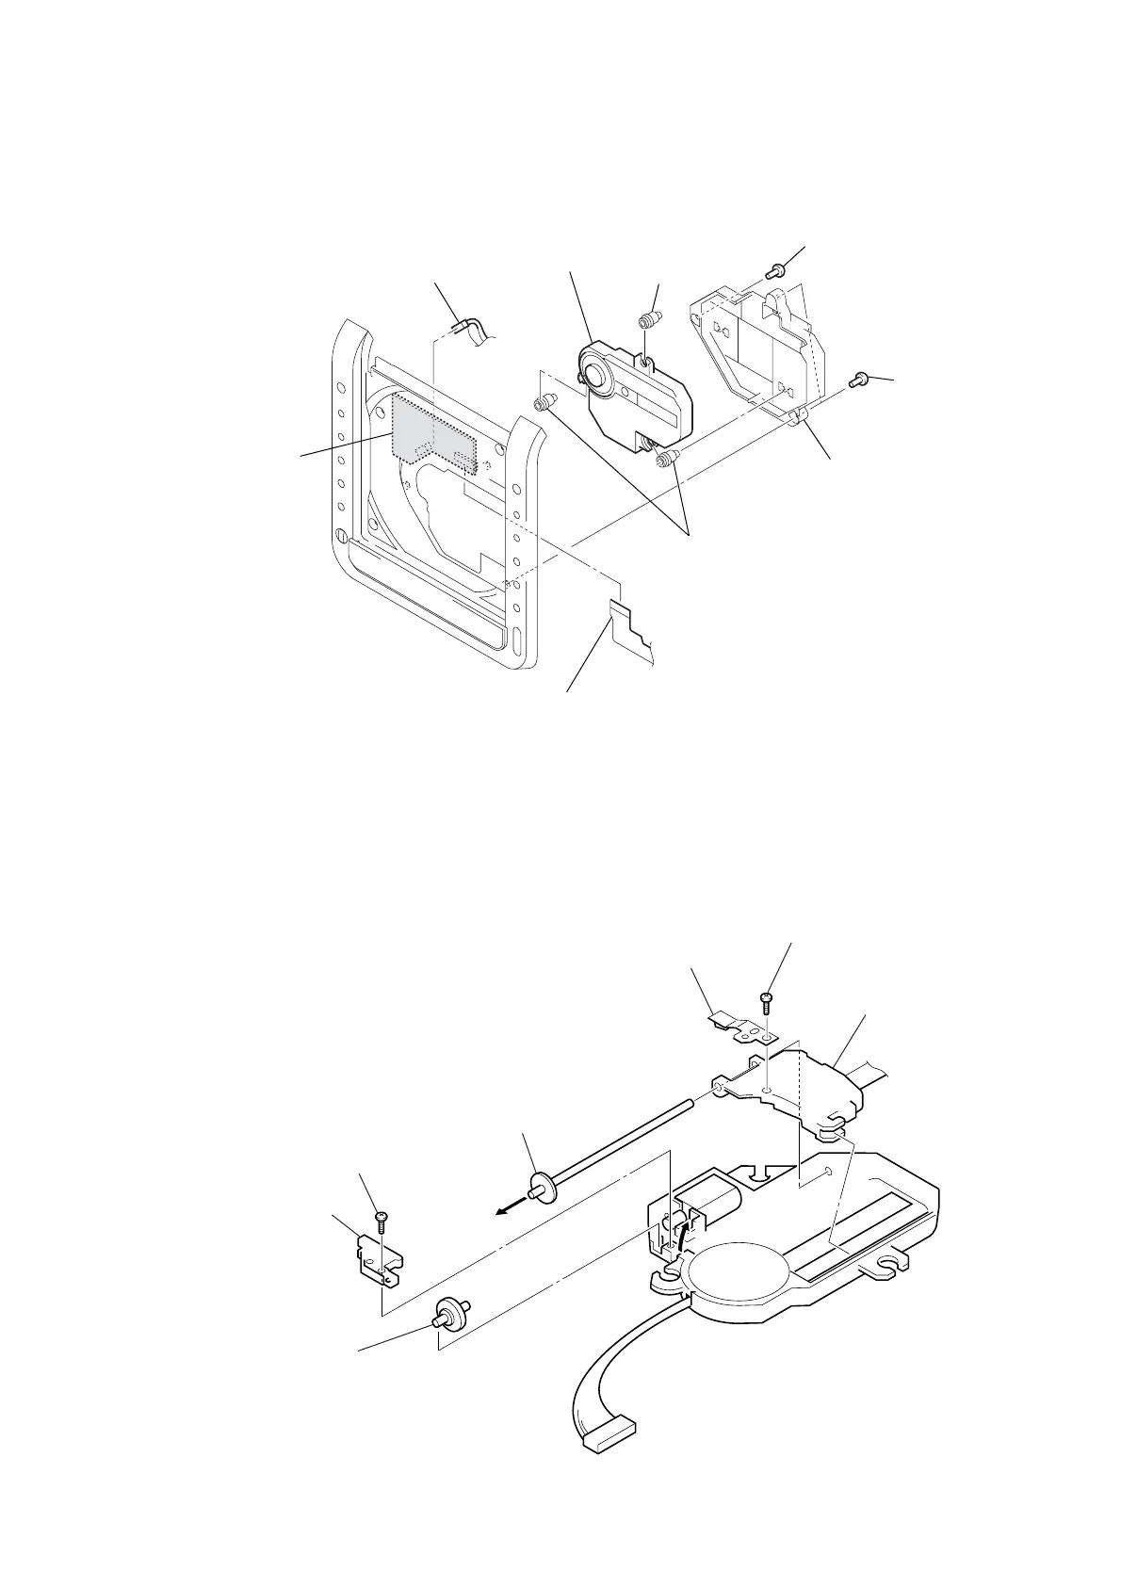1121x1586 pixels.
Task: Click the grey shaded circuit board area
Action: point(429,429)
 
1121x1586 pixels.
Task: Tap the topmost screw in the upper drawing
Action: point(773,271)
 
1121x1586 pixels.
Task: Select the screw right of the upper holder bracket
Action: point(859,380)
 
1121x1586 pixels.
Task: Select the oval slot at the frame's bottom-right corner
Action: point(517,647)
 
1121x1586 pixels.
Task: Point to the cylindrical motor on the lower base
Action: point(717,1203)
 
